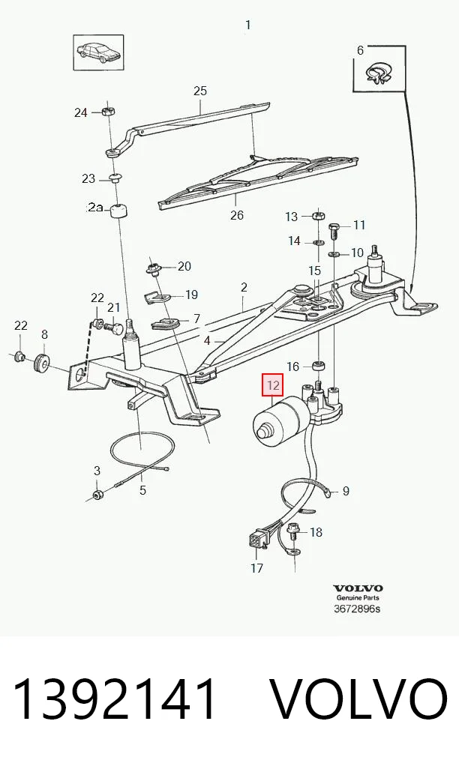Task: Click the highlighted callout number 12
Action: pyautogui.click(x=272, y=385)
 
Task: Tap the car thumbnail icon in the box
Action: pyautogui.click(x=98, y=53)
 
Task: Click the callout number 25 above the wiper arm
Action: pyautogui.click(x=200, y=91)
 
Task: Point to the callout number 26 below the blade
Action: pyautogui.click(x=236, y=214)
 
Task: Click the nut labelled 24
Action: pyautogui.click(x=109, y=112)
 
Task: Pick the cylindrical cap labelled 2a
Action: pyautogui.click(x=121, y=212)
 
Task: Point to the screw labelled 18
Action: pyautogui.click(x=294, y=532)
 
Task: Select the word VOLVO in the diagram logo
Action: pyautogui.click(x=358, y=588)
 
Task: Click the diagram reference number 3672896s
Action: pyautogui.click(x=357, y=609)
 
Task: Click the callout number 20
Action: pyautogui.click(x=184, y=266)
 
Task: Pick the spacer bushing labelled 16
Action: pyautogui.click(x=319, y=366)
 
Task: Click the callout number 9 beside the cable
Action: pyautogui.click(x=346, y=491)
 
